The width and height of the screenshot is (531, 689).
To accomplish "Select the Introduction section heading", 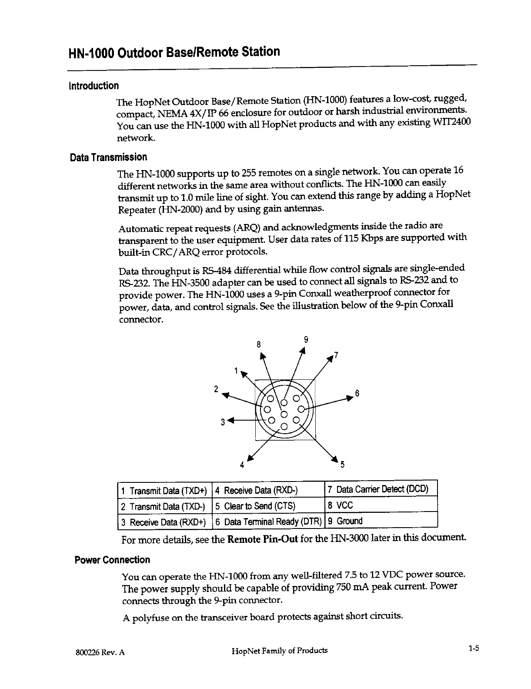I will (93, 85).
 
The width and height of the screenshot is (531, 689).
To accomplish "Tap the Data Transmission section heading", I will (108, 157).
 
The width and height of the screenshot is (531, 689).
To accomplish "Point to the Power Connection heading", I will (112, 560).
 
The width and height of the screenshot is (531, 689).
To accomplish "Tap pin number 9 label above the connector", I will (306, 339).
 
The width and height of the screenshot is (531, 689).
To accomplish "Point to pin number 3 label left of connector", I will (223, 422).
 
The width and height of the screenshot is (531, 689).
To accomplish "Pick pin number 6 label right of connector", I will (357, 393).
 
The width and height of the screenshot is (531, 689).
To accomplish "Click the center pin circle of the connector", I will (284, 414).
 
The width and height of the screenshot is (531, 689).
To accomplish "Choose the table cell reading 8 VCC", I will (341, 505).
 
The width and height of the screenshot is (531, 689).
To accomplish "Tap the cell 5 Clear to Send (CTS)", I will (255, 506).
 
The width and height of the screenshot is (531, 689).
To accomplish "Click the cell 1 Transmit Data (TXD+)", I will (164, 491).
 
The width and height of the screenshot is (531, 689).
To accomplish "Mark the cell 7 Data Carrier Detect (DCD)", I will (378, 489).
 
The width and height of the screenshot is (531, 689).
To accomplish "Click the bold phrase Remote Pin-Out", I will (263, 540).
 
